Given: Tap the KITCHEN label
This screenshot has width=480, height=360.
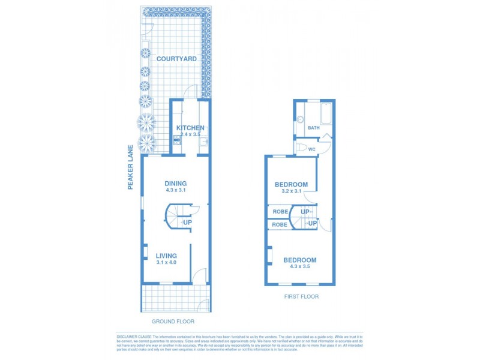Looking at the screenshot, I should pyautogui.click(x=190, y=128).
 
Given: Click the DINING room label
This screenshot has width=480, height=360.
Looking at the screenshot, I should pyautogui.click(x=176, y=184).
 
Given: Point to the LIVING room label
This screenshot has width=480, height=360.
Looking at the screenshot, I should pyautogui.click(x=166, y=256).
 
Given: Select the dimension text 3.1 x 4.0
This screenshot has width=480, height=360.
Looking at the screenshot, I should pyautogui.click(x=166, y=263).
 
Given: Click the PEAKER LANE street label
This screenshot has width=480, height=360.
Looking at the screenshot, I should pyautogui.click(x=130, y=166).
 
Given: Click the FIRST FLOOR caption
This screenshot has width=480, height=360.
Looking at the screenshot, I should pyautogui.click(x=301, y=296).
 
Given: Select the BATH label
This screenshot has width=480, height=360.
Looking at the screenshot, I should pyautogui.click(x=314, y=128).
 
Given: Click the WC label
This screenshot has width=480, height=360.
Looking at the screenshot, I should pyautogui.click(x=311, y=148).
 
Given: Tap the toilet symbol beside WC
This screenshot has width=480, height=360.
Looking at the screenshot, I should pyautogui.click(x=299, y=148).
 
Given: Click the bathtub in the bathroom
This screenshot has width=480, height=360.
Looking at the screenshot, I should pyautogui.click(x=326, y=113).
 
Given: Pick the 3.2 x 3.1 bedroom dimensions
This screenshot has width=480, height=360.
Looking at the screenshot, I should pyautogui.click(x=291, y=192).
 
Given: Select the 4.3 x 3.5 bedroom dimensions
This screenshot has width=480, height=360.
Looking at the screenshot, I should pyautogui.click(x=300, y=268).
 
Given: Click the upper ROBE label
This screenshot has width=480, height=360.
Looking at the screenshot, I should pyautogui.click(x=280, y=212).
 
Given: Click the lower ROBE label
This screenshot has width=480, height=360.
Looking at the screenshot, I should pyautogui.click(x=280, y=224).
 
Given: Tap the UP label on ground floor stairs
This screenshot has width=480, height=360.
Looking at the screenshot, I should pyautogui.click(x=187, y=223).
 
